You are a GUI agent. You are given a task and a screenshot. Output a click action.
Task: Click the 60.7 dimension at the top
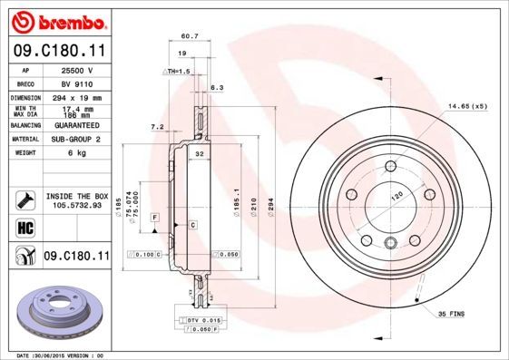[x=189, y=37]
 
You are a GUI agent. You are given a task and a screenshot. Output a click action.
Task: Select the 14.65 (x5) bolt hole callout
[x=467, y=107]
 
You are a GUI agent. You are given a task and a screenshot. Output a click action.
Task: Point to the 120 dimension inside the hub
[x=396, y=196]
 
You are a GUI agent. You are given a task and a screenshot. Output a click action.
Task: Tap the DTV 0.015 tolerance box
[x=201, y=320]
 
